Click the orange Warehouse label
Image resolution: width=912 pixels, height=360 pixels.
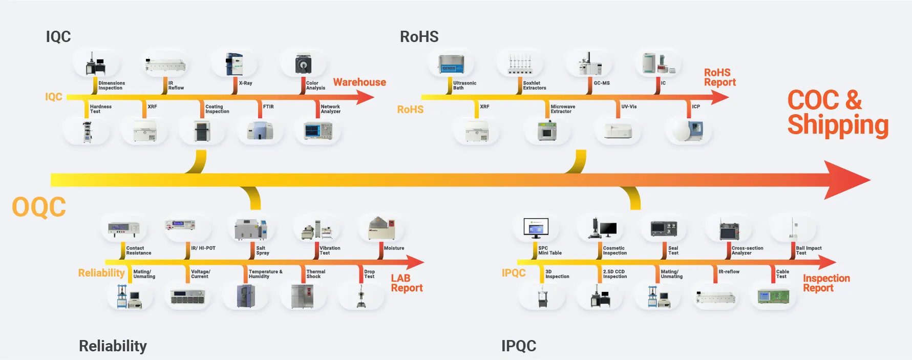coord(359,82)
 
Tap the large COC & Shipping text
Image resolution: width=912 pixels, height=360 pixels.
coord(837,113)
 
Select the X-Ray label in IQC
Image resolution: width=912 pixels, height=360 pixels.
coord(245,83)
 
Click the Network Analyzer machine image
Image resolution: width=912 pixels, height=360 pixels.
coord(318,131)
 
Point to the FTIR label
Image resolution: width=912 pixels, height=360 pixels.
coord(268,107)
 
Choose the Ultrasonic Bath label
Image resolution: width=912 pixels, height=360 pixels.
coord(464,86)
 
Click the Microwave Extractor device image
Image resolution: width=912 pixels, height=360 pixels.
coord(547,131)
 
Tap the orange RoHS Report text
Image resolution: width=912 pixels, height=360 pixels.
coord(719,77)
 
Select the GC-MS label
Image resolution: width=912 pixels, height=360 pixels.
coord(602,83)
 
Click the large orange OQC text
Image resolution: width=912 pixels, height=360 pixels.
coord(39,207)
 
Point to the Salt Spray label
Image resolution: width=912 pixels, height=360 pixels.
coord(262,250)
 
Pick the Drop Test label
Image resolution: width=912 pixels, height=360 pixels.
coord(369,274)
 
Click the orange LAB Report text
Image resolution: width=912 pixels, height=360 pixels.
coord(407,283)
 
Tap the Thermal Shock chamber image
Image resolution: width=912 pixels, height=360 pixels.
coord(302,296)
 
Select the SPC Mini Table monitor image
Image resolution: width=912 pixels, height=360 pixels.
coord(536,228)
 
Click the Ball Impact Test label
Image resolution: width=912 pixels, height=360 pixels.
coord(809,250)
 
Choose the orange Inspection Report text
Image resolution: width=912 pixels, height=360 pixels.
coord(826,283)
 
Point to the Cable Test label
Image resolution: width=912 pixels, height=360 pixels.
coord(782,274)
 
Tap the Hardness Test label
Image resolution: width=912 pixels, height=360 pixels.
coord(100,109)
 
